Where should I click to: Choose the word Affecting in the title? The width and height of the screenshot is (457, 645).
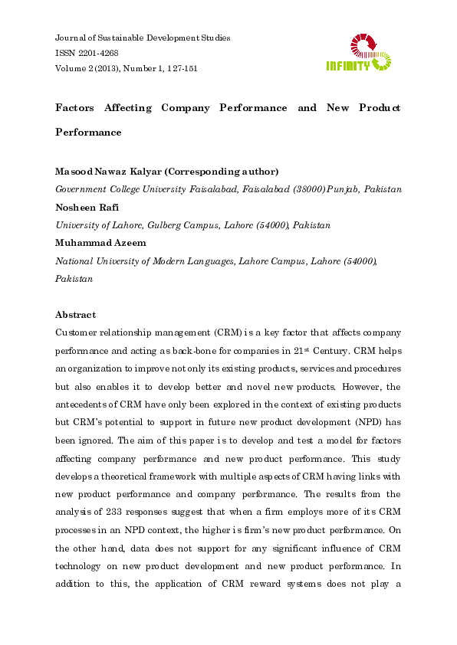click(129, 108)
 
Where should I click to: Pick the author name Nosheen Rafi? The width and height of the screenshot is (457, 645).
click(84, 208)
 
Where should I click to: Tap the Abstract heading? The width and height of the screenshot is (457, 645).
click(76, 315)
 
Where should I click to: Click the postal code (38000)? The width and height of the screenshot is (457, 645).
click(304, 189)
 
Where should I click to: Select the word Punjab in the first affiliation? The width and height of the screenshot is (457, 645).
click(342, 189)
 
